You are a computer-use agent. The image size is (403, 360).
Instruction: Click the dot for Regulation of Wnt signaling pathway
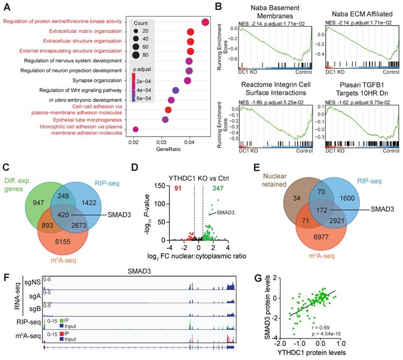tap(176, 91)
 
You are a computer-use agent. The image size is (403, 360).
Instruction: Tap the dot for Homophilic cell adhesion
tap(135, 129)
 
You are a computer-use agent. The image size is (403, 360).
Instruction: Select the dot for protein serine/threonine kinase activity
tap(205, 22)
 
